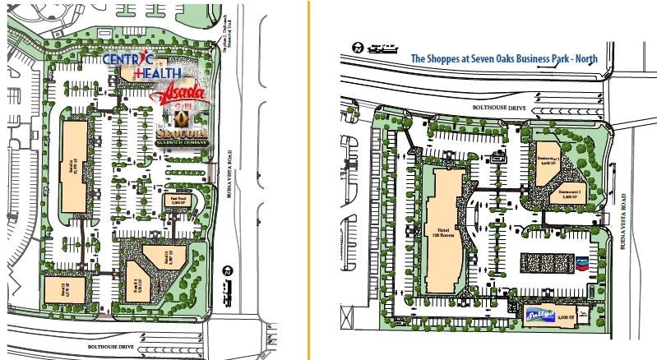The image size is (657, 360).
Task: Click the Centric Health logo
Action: point(136,67)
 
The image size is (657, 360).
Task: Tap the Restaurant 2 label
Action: point(571,194)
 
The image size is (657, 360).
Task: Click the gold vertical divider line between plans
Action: point(310,180)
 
